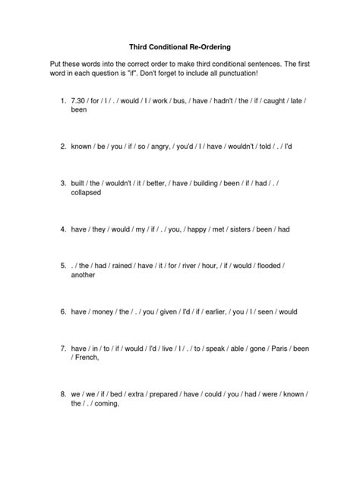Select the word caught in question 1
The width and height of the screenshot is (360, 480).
279,99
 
